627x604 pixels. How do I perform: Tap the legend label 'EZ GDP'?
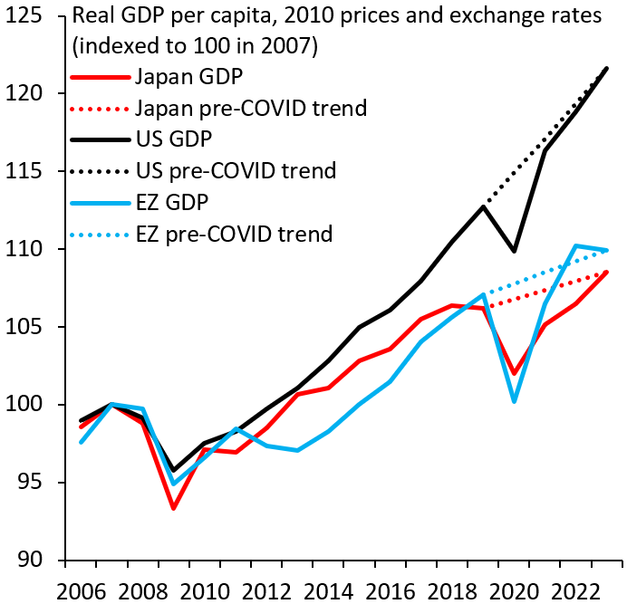click(173, 201)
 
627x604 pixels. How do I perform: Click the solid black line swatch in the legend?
click(100, 139)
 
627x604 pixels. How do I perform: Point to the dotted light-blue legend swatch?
click(100, 234)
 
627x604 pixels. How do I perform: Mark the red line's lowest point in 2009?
click(173, 508)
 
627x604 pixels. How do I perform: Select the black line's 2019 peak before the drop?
click(484, 206)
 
